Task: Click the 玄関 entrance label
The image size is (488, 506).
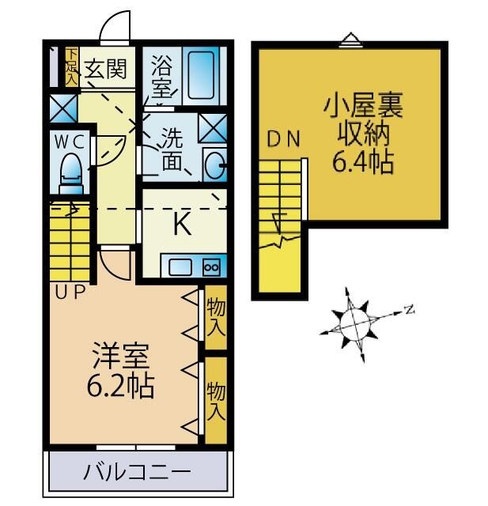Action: click(x=104, y=70)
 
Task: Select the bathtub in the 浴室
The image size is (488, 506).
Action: click(x=205, y=73)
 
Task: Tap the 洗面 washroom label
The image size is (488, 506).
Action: click(x=173, y=149)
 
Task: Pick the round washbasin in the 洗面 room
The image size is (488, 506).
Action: click(x=214, y=165)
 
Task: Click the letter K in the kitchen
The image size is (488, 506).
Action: click(x=181, y=225)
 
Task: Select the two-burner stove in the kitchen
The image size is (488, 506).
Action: click(x=210, y=267)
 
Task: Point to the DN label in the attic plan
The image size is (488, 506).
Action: click(x=283, y=140)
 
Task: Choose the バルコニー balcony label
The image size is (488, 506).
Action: click(x=138, y=473)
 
